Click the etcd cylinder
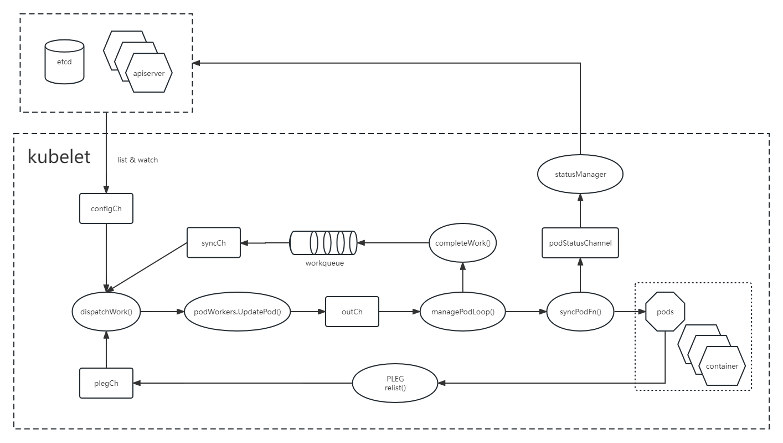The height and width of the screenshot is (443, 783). click(x=64, y=62)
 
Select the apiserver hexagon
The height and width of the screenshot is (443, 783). click(x=149, y=73)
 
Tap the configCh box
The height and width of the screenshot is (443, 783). click(x=106, y=209)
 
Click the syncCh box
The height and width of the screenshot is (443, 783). click(x=214, y=243)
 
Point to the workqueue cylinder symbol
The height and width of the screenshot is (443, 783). click(x=324, y=243)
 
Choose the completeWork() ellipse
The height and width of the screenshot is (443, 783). click(x=463, y=243)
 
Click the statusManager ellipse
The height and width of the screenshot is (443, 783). click(x=580, y=174)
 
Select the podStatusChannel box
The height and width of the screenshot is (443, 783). click(x=580, y=243)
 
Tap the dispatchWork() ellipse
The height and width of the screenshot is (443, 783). click(x=106, y=312)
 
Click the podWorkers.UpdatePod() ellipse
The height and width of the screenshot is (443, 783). click(x=238, y=312)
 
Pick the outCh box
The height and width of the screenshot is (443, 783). click(x=352, y=312)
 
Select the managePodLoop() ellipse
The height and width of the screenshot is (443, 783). click(x=463, y=312)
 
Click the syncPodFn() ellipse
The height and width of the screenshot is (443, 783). click(x=580, y=312)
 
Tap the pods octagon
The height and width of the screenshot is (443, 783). click(x=665, y=312)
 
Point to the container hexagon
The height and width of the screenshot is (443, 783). click(x=722, y=366)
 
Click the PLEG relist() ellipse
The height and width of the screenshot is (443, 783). click(x=395, y=383)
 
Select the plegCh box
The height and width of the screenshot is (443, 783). click(x=106, y=383)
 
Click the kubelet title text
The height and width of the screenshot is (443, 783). click(x=59, y=157)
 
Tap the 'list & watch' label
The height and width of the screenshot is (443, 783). click(x=138, y=160)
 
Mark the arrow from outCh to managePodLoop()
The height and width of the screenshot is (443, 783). click(x=399, y=312)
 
